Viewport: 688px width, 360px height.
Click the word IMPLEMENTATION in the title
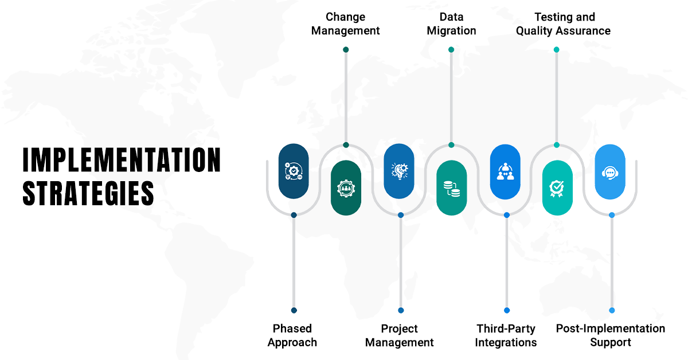[122, 160]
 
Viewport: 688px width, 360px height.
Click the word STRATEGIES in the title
[88, 193]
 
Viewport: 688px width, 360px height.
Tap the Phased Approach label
[292, 335]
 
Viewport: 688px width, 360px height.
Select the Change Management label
[345, 24]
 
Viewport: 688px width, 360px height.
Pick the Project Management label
[400, 335]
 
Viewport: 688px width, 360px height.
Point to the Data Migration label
[451, 24]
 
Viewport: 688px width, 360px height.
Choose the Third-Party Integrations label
[506, 335]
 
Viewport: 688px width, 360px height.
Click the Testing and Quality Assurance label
[563, 24]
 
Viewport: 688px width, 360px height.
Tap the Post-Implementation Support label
[611, 335]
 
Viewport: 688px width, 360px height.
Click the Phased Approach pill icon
[294, 171]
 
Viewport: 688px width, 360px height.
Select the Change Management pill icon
[346, 187]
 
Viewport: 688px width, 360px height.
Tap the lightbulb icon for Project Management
[399, 171]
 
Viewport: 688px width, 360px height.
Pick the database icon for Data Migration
[451, 187]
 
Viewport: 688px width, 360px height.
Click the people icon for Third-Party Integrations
[505, 171]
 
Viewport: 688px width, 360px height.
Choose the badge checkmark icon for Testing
[557, 187]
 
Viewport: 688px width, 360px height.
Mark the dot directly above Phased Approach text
[294, 310]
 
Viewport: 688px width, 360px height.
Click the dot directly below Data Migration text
[451, 50]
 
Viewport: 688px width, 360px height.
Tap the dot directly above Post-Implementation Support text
[612, 310]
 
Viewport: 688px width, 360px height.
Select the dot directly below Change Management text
[346, 50]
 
